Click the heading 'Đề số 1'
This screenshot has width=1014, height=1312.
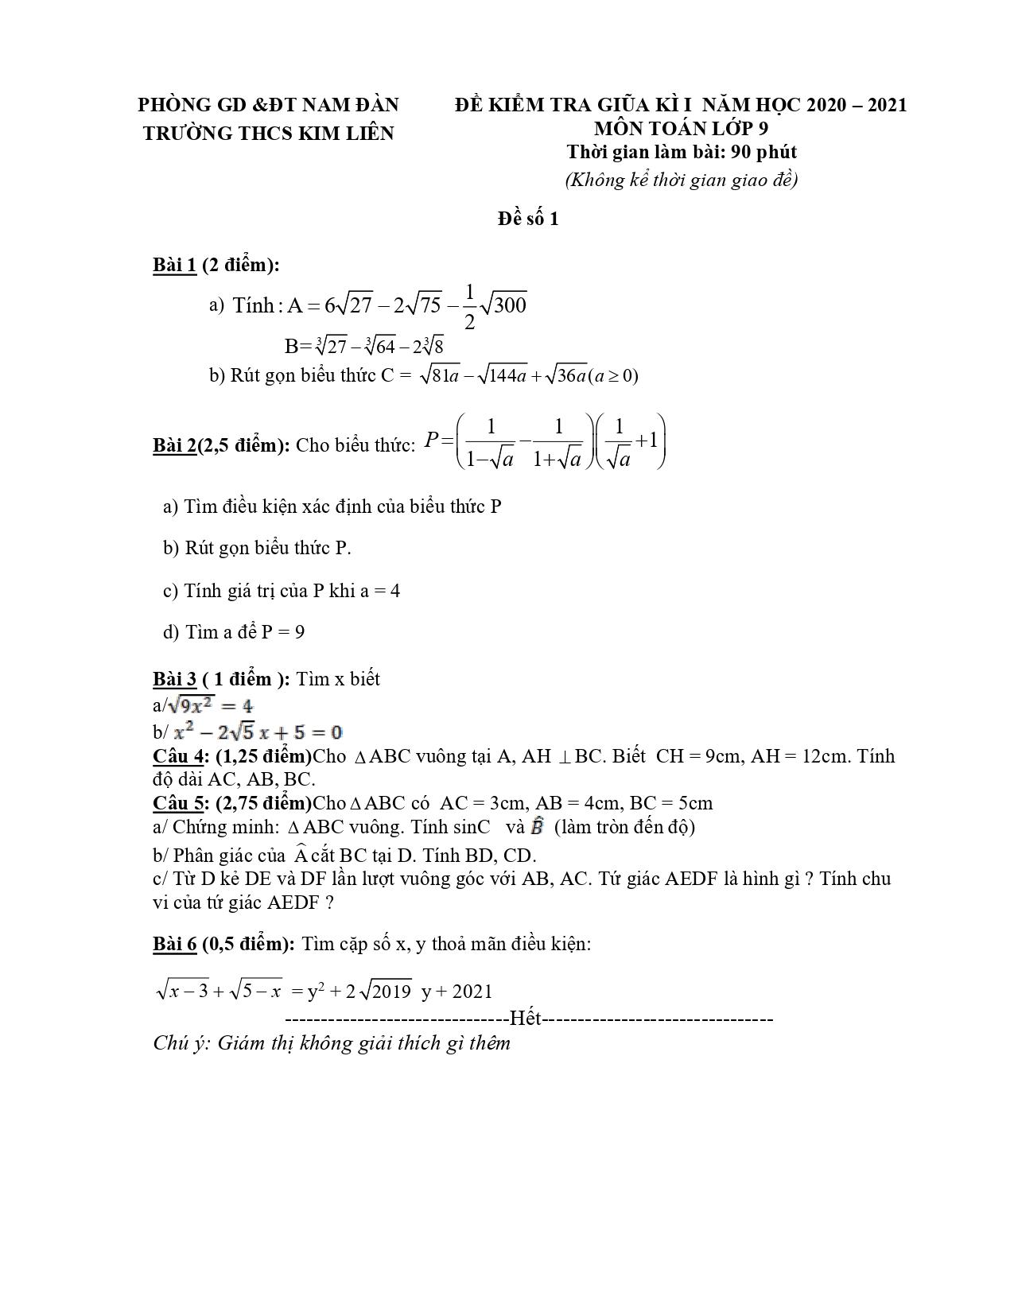[528, 219]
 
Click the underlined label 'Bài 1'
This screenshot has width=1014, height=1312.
[174, 266]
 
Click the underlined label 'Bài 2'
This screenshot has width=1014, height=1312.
[174, 445]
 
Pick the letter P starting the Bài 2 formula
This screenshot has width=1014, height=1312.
[432, 440]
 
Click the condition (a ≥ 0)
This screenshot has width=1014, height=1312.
[612, 375]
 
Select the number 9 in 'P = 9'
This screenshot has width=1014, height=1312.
[300, 632]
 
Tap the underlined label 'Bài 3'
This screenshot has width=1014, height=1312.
[174, 679]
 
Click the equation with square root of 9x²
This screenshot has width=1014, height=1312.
[208, 705]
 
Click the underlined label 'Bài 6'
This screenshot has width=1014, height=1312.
[174, 944]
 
